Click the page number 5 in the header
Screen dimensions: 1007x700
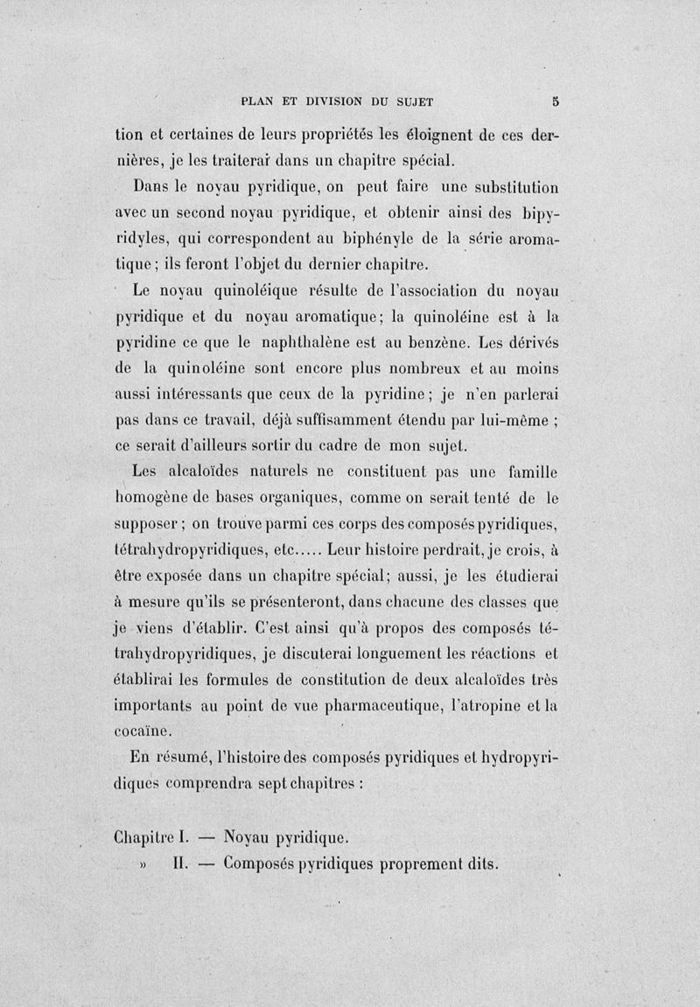[555, 100]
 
